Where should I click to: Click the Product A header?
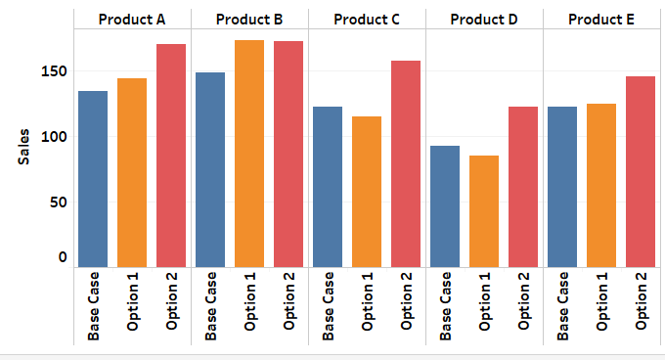pos(132,19)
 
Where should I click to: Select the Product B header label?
pos(249,19)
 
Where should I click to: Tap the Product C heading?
pos(367,19)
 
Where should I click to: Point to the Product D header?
pos(484,19)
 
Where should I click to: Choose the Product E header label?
pos(601,19)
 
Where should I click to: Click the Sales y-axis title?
pos(24,147)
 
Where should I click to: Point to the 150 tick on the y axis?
pos(54,71)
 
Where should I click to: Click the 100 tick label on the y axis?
pos(54,137)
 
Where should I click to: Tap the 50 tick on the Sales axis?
pos(58,202)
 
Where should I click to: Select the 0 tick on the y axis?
pos(63,258)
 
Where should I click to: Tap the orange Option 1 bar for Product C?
pos(367,191)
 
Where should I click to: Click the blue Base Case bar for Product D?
pos(445,205)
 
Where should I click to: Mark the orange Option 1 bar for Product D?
pos(484,210)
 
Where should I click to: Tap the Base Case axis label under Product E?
pos(562,305)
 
